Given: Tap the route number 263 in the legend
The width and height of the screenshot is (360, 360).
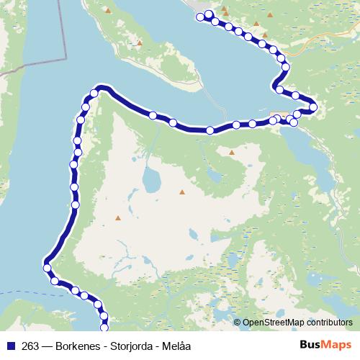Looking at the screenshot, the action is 30,346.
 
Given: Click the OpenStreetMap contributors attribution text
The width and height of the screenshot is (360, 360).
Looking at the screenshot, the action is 298,323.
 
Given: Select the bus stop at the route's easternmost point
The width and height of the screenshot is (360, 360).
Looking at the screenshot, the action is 313,108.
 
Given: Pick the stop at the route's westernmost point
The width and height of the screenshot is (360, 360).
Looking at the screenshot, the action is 48,268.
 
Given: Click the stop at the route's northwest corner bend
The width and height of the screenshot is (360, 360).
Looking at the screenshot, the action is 94,93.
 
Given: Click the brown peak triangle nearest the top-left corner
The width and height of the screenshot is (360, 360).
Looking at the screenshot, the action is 108,11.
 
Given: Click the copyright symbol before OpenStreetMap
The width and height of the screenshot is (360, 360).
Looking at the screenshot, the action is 238,323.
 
